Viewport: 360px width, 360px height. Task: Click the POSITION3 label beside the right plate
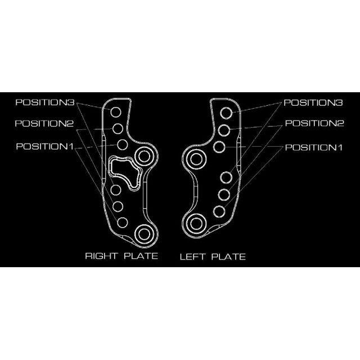pyautogui.click(x=45, y=102)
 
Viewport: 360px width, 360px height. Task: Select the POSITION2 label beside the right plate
pyautogui.click(x=44, y=124)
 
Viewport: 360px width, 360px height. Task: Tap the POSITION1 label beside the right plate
pyautogui.click(x=45, y=146)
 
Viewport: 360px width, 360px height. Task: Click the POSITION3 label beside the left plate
pyautogui.click(x=313, y=102)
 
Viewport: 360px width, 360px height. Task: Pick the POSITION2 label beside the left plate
pyautogui.click(x=314, y=123)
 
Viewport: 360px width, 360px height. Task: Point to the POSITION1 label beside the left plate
pyautogui.click(x=314, y=147)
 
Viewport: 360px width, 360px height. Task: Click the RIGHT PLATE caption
pyautogui.click(x=121, y=256)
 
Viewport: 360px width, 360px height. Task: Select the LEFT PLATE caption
pyautogui.click(x=213, y=256)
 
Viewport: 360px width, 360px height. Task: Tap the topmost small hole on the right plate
pyautogui.click(x=116, y=112)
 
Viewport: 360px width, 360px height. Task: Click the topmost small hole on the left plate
pyautogui.click(x=226, y=113)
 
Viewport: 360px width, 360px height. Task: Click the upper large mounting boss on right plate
pyautogui.click(x=145, y=156)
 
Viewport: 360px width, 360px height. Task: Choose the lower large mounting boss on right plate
pyautogui.click(x=144, y=234)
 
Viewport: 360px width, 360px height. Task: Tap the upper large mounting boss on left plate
pyautogui.click(x=196, y=159)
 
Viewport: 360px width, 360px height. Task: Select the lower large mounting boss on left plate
pyautogui.click(x=196, y=224)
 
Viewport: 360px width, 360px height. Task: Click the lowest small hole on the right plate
pyautogui.click(x=123, y=223)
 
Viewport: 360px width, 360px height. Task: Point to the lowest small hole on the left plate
pyautogui.click(x=219, y=211)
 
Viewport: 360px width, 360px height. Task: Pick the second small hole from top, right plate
pyautogui.click(x=118, y=129)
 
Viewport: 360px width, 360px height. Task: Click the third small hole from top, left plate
pyautogui.click(x=219, y=147)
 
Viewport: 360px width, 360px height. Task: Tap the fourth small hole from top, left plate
pyautogui.click(x=226, y=178)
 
